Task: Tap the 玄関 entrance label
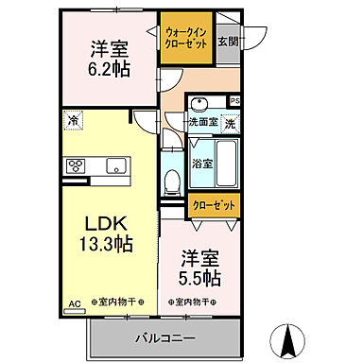point(227,41)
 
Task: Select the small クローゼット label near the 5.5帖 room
point(214,202)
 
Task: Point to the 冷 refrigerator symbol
point(73,119)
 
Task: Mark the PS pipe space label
point(234,100)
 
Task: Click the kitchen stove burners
point(77,166)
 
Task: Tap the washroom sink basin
point(200,104)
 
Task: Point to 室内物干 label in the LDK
point(114,302)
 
